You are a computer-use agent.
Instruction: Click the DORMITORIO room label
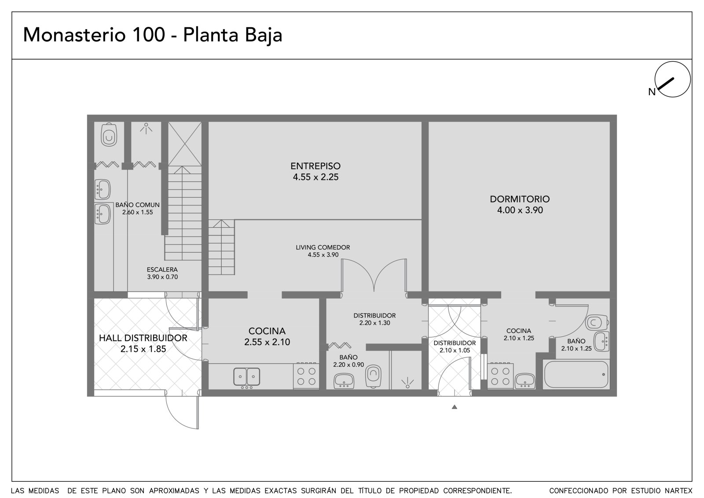(x=520, y=199)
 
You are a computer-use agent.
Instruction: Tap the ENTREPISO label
(x=315, y=166)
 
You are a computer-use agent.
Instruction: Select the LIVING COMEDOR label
(x=323, y=247)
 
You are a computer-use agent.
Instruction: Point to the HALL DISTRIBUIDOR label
(x=143, y=338)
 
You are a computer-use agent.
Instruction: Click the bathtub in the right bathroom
(x=576, y=374)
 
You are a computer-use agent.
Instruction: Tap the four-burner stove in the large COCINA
(x=306, y=376)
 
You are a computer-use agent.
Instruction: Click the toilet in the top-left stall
(x=109, y=135)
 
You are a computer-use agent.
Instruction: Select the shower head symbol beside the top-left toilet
(x=146, y=129)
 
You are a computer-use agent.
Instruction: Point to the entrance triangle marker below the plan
(x=454, y=407)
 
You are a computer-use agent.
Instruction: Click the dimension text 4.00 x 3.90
(x=520, y=210)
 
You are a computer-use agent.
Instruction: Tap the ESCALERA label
(x=162, y=269)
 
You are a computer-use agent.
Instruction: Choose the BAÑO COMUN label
(x=137, y=205)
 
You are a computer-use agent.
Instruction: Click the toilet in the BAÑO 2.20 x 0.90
(x=374, y=376)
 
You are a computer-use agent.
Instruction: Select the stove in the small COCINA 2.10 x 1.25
(x=500, y=376)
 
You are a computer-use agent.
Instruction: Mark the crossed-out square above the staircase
(x=185, y=144)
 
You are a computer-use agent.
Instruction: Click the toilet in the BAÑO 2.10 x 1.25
(x=597, y=322)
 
